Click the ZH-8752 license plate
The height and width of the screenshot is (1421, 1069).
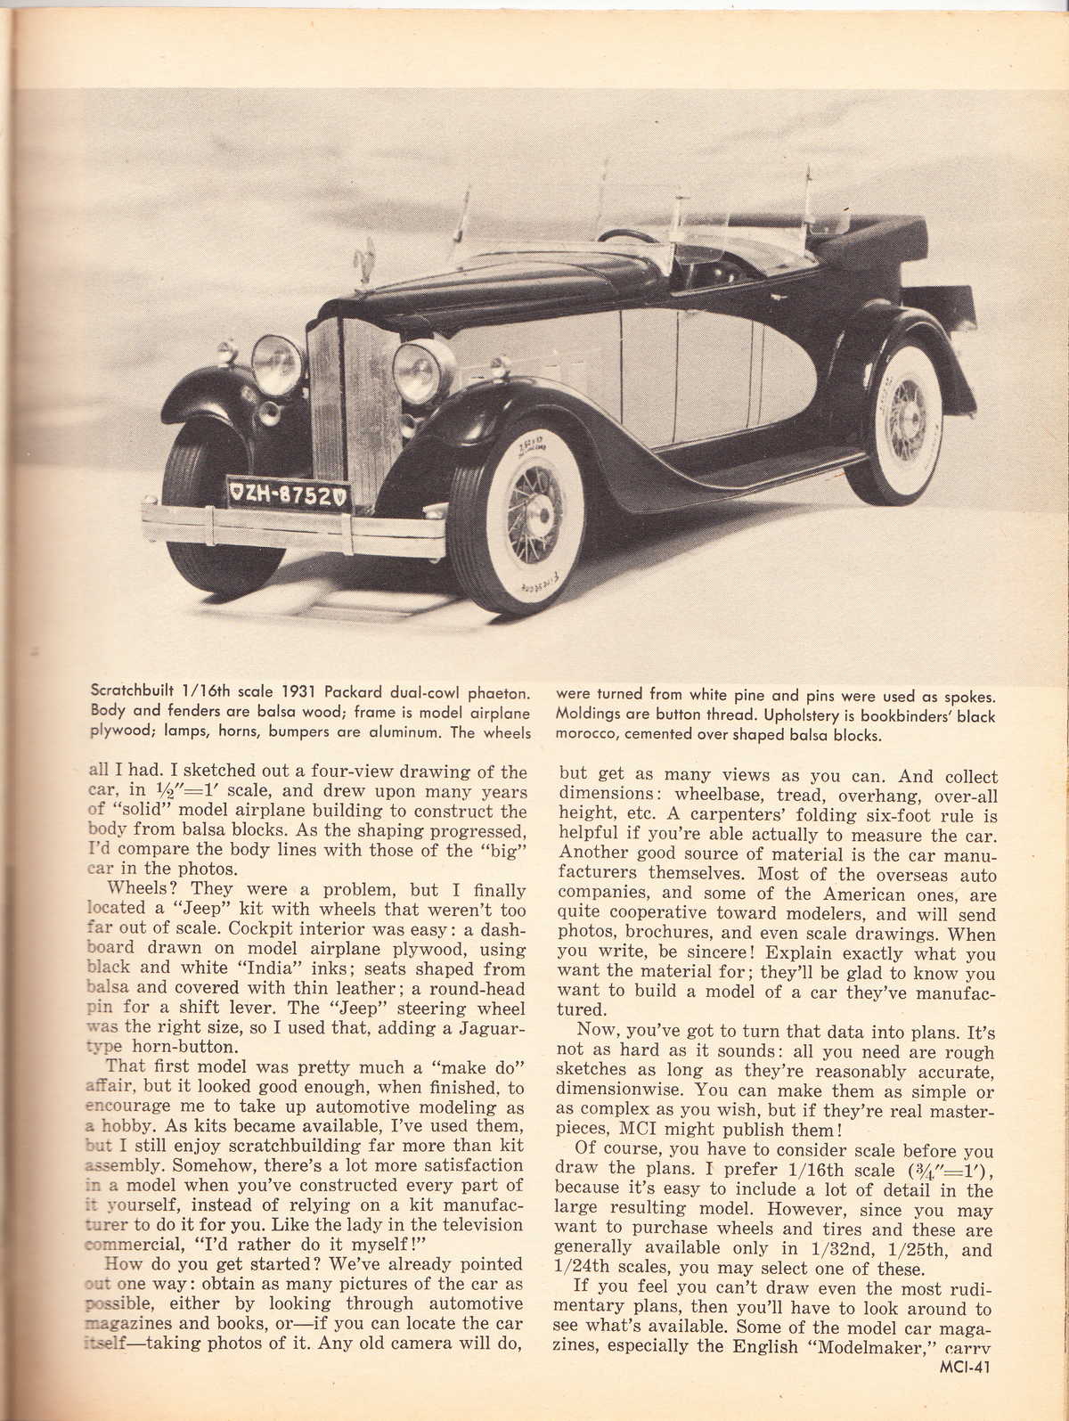(x=287, y=494)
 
